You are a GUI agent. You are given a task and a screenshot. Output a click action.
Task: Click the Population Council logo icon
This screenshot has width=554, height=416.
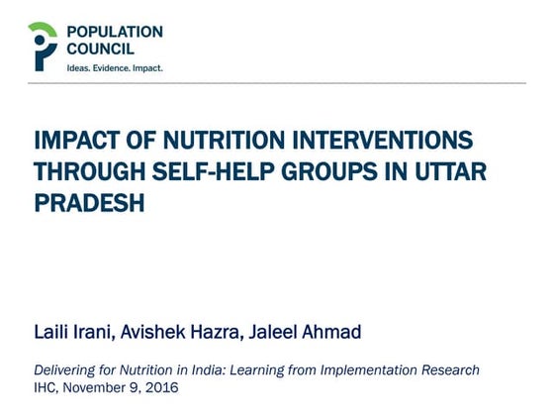click(43, 46)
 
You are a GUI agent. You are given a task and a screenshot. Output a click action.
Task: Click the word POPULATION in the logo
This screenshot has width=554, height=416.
click(114, 32)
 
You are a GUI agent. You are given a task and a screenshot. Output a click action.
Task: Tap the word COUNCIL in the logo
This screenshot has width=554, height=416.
click(100, 50)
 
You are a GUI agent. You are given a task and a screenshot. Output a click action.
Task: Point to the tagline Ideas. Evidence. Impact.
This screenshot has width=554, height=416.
click(114, 68)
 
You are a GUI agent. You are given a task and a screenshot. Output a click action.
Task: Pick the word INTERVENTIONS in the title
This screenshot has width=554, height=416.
click(375, 141)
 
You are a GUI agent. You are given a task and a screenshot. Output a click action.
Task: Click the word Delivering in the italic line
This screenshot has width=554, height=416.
click(67, 370)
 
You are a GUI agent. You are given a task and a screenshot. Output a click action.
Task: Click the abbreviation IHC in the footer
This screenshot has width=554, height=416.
click(46, 388)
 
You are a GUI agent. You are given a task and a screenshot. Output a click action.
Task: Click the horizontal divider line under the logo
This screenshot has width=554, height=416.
click(277, 84)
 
